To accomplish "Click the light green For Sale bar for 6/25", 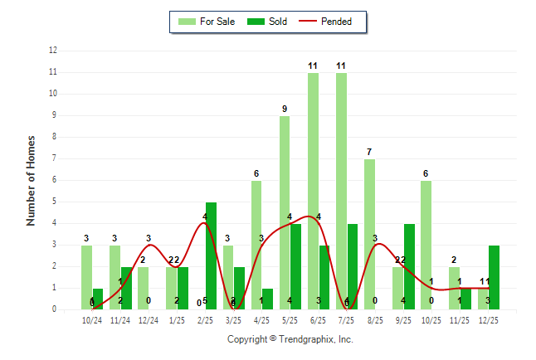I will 313,191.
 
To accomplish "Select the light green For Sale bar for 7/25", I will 341,191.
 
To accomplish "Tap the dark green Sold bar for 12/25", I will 494,277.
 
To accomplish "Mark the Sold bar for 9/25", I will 409,266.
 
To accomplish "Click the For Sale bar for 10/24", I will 86,277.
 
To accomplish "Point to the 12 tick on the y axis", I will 53,51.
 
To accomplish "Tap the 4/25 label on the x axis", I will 261,319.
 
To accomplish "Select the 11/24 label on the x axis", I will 120,319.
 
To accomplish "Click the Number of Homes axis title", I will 32,180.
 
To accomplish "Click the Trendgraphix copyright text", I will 290,339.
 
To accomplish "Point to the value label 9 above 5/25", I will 285,109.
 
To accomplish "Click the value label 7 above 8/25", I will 369,152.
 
